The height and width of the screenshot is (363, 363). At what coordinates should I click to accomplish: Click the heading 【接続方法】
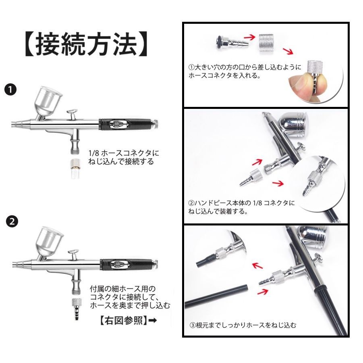point(86,44)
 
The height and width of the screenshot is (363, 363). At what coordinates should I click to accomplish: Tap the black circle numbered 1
point(10,90)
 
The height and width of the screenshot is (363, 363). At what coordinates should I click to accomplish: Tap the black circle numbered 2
point(12,221)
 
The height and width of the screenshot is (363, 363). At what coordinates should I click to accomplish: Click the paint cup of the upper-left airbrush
point(48,102)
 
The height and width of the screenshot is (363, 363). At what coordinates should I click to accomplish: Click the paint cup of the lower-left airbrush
point(49,242)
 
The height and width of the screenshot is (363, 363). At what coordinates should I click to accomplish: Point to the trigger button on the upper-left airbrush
point(72,114)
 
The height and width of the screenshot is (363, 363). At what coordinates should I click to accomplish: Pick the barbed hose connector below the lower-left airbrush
point(77,309)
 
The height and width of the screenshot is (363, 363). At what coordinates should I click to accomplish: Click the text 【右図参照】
point(124,320)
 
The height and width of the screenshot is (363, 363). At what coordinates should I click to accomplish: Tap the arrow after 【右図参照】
point(153,321)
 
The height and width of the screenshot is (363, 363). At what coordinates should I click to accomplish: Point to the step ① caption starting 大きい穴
point(245,71)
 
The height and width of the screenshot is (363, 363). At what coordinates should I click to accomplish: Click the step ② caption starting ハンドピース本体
point(242,207)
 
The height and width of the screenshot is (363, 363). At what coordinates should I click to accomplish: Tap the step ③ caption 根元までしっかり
point(243,325)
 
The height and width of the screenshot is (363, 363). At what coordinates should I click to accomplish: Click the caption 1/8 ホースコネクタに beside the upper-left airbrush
point(124,153)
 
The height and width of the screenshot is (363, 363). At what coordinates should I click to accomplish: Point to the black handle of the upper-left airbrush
point(127,124)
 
